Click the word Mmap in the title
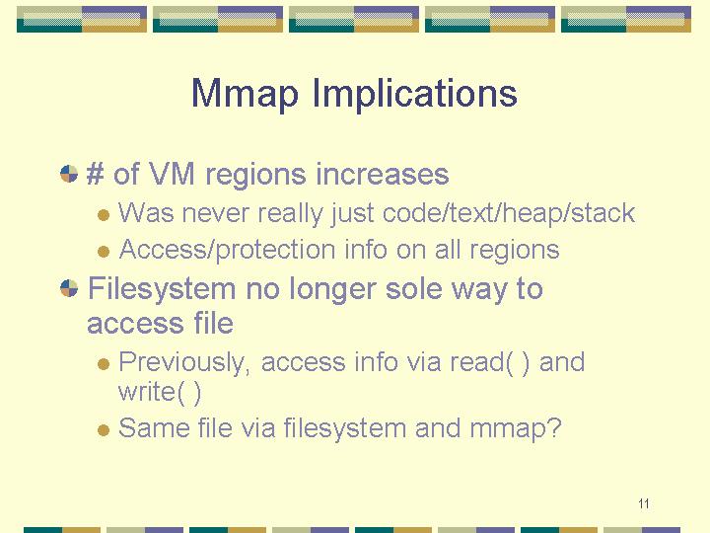click(x=245, y=94)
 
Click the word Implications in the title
click(x=415, y=94)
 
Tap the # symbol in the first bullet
click(x=95, y=173)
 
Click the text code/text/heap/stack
click(x=509, y=213)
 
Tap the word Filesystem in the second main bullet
click(x=162, y=289)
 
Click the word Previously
click(x=183, y=362)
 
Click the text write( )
click(x=160, y=393)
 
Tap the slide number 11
click(x=643, y=503)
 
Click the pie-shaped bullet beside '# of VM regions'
click(x=69, y=174)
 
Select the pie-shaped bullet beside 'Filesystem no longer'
click(x=69, y=288)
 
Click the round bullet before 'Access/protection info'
click(x=104, y=251)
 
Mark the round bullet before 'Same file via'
click(x=104, y=429)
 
